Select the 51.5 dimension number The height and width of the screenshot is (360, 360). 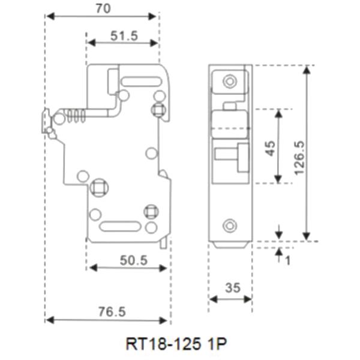click(124, 35)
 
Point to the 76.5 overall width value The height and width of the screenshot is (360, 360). click(108, 312)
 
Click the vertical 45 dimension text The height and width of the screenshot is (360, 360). click(271, 147)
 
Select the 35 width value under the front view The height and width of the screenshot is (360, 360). click(231, 288)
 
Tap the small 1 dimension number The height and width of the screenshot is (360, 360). click(287, 261)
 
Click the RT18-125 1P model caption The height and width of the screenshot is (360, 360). click(176, 345)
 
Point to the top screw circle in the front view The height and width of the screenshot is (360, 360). click(229, 81)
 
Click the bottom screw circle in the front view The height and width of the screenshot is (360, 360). click(229, 226)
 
